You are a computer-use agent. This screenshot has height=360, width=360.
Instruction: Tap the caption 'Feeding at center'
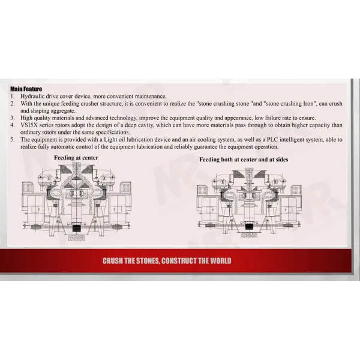pyautogui.click(x=76, y=158)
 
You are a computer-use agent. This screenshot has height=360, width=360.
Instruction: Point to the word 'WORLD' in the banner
pyautogui.click(x=218, y=261)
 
